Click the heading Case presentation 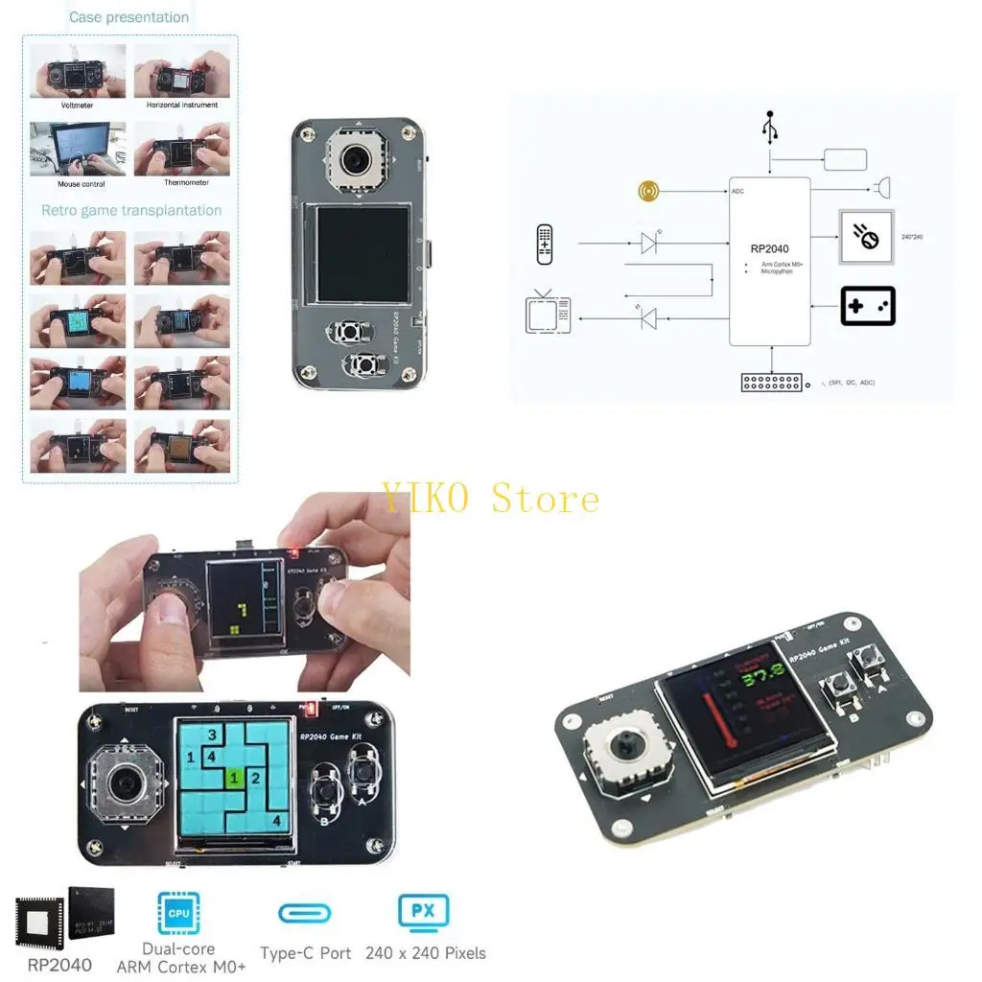point(129,17)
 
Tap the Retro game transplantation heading point(131,211)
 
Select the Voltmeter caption point(78,105)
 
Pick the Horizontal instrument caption point(181,105)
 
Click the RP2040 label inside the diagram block point(769,248)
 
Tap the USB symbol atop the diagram point(769,127)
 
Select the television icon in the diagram point(548,313)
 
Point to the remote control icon point(545,244)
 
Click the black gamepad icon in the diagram point(867,306)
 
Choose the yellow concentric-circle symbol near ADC point(649,191)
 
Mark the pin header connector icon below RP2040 point(771,382)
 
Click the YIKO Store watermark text point(490,498)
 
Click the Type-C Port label point(305,953)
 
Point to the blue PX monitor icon point(423,910)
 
